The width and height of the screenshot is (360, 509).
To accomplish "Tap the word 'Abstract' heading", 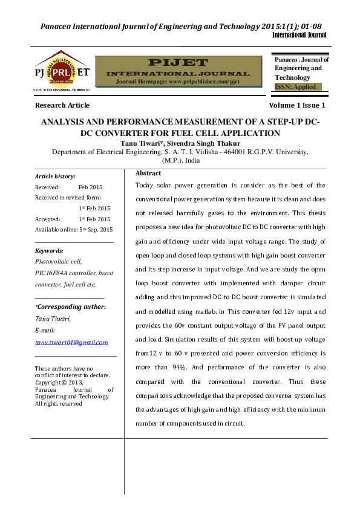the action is pos(148,173).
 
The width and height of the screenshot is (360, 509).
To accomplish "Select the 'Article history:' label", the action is pos(55,177).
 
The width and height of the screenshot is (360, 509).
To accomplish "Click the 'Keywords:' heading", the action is pos(49,250).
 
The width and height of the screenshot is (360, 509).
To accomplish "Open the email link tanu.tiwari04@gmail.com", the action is pos(71,342).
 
